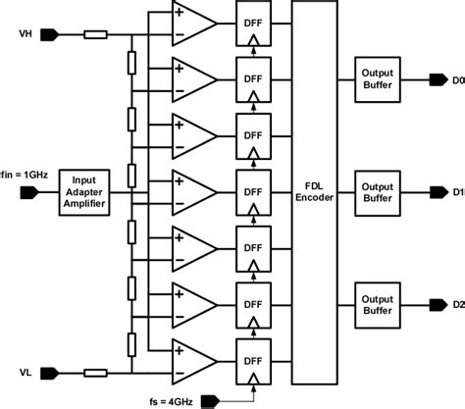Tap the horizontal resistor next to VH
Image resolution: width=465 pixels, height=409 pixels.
pos(96,35)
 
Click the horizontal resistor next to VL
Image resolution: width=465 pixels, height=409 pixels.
pos(96,373)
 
